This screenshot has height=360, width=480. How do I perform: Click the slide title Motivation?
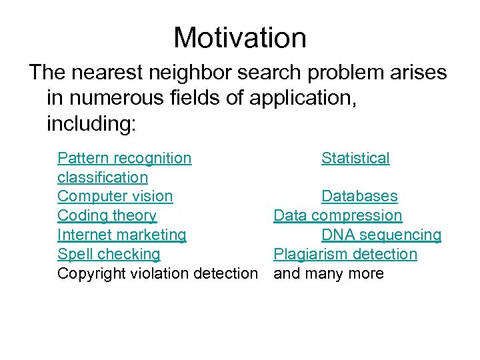pos(240,38)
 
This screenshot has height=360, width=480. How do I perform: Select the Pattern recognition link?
pos(124,158)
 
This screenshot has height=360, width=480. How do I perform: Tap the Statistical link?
pos(355,158)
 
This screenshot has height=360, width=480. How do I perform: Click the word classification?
pos(102,177)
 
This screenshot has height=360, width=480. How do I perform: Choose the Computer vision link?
pos(115,196)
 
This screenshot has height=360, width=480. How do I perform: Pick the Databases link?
pos(359,196)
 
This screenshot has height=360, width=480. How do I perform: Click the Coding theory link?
pos(107,215)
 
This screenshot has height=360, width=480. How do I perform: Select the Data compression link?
pos(338,215)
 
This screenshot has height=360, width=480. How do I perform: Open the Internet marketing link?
pos(121,235)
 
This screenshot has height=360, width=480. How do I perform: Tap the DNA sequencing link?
pos(381,235)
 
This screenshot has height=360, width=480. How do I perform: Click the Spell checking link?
pos(109,254)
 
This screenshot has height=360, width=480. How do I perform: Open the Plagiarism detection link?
pos(345,254)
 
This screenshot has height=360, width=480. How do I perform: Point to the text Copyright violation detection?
pos(157,273)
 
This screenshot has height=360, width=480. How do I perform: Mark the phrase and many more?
pos(329,273)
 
